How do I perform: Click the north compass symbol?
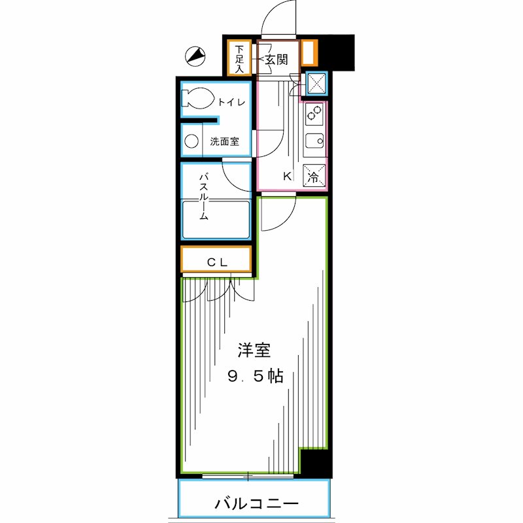tap(194, 57)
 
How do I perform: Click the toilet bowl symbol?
tap(197, 99)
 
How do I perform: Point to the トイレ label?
tap(231, 102)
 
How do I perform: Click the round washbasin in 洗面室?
tap(192, 141)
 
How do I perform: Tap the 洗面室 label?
tap(224, 141)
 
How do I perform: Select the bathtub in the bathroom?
tap(216, 220)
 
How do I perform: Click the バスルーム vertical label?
tap(203, 196)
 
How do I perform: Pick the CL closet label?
tap(217, 262)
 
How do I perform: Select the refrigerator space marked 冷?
tap(314, 176)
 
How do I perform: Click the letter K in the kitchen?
tap(286, 176)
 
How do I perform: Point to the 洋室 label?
tap(254, 351)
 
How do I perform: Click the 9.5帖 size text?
tap(255, 377)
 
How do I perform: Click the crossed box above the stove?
tap(316, 83)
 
